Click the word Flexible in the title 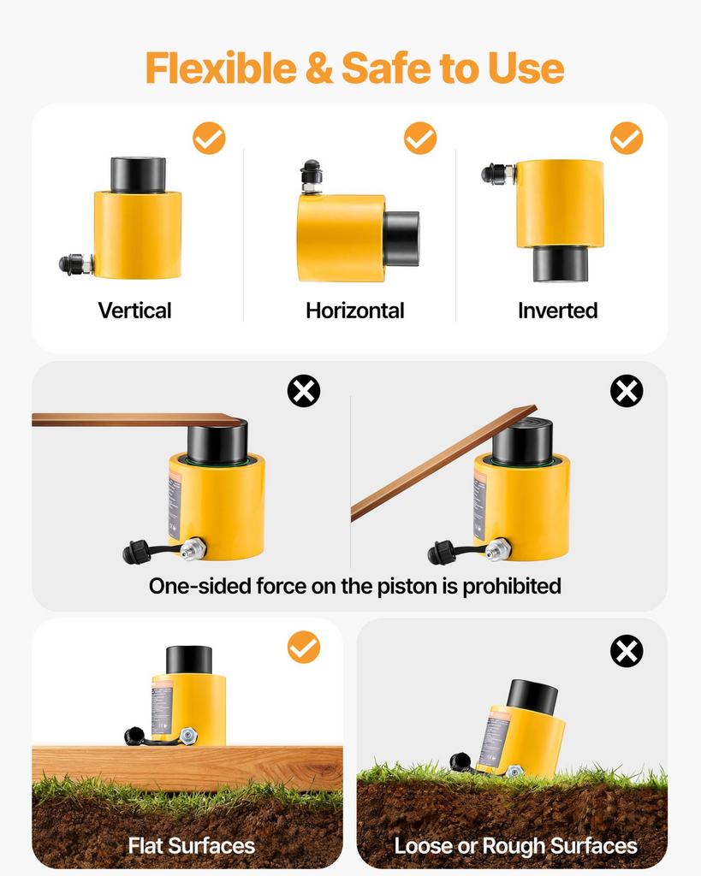click(x=221, y=68)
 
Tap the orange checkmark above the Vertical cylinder click(x=209, y=138)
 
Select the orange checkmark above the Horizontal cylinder click(x=420, y=138)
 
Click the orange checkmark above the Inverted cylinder click(x=627, y=138)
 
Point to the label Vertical click(x=134, y=311)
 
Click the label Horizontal click(x=355, y=311)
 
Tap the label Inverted click(x=558, y=311)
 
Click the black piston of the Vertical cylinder click(x=138, y=175)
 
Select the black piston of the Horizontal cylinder click(x=401, y=239)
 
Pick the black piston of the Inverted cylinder click(x=560, y=264)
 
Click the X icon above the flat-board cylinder click(x=304, y=390)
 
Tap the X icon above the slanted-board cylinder click(x=627, y=390)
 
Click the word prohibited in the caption click(x=512, y=586)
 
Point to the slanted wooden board click(x=444, y=463)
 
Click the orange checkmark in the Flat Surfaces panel click(x=304, y=647)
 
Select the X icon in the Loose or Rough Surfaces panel click(x=627, y=651)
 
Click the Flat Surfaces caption click(x=191, y=846)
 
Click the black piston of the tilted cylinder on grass click(x=532, y=697)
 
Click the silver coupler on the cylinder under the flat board click(x=194, y=548)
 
